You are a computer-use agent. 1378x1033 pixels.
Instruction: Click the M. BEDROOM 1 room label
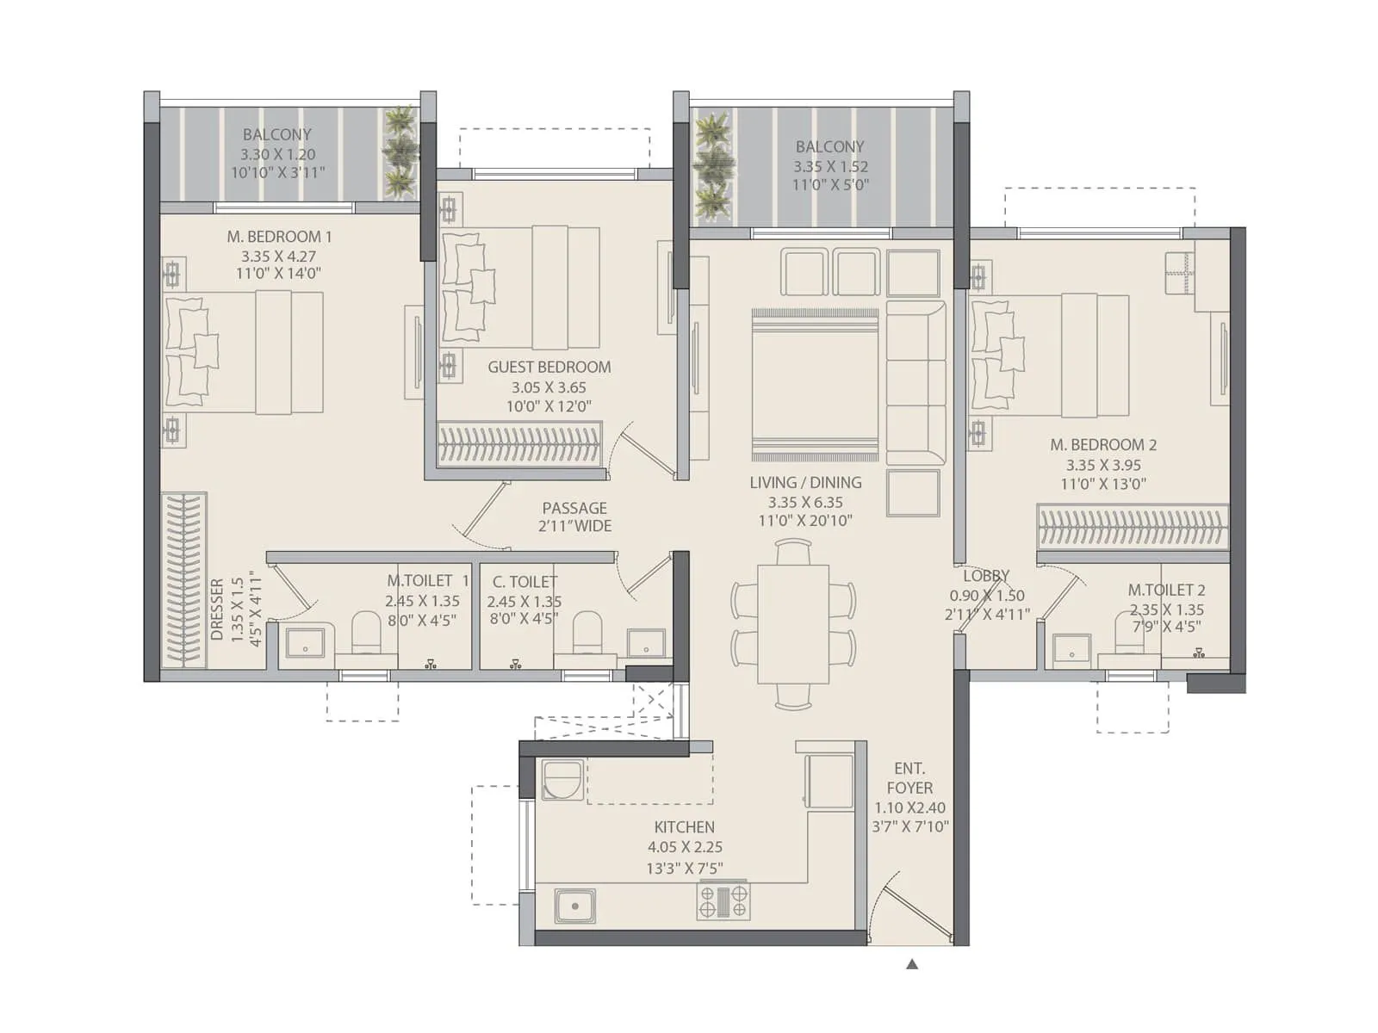(x=279, y=236)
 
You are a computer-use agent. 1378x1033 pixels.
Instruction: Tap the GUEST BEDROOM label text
(x=549, y=367)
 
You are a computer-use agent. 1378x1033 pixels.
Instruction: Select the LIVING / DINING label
(x=805, y=482)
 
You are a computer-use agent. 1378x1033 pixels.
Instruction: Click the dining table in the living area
(x=793, y=623)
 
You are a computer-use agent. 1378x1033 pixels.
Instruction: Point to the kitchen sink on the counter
(x=574, y=906)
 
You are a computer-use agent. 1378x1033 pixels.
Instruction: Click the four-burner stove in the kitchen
(x=723, y=901)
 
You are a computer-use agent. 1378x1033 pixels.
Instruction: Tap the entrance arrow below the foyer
(x=912, y=964)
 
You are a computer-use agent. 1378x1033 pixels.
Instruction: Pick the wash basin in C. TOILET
(x=645, y=643)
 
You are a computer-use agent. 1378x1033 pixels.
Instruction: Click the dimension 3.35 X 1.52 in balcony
(x=830, y=166)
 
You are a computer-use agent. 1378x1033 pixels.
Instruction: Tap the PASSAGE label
(x=574, y=508)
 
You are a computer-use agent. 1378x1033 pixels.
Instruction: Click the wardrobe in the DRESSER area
(x=183, y=579)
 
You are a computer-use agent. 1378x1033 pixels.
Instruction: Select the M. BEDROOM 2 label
(x=1103, y=444)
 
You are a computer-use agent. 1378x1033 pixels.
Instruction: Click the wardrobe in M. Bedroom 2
(x=1132, y=526)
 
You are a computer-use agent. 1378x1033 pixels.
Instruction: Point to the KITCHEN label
(x=684, y=826)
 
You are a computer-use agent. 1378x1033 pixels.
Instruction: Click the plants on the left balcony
(x=400, y=152)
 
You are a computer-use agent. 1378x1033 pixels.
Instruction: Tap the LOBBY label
(x=986, y=575)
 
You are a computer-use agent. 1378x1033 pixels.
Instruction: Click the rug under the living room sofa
(x=815, y=384)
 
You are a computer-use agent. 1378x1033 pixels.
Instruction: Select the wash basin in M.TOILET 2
(x=1071, y=650)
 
